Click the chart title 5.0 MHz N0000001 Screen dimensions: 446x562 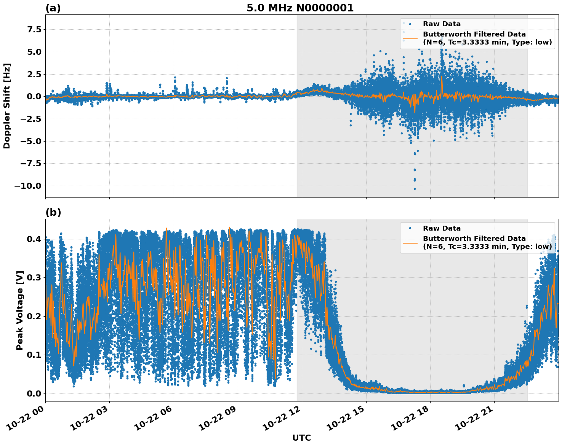300,8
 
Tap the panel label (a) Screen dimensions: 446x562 53,8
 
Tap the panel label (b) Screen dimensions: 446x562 53,212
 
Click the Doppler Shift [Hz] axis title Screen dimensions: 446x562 7,106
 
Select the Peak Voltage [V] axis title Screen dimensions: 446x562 20,310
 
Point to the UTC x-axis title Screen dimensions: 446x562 301,438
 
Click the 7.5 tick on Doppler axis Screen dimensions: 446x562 33,30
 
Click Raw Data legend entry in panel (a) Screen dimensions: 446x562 442,24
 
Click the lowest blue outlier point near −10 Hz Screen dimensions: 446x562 415,189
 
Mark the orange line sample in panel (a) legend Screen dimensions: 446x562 410,38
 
